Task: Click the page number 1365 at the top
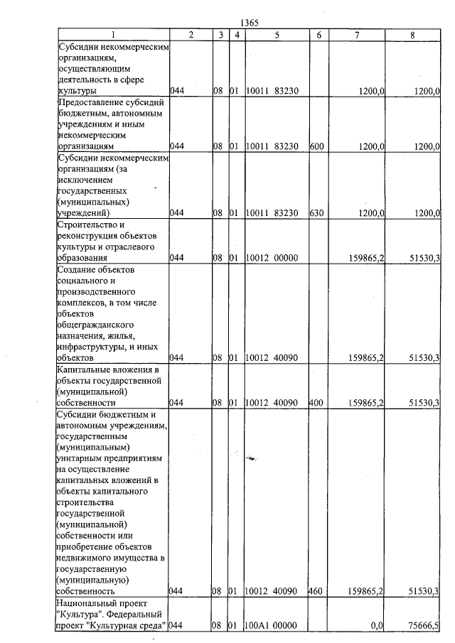(249, 23)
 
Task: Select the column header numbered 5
(277, 34)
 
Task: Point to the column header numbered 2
(190, 34)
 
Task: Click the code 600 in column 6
(317, 146)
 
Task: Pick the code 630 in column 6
(317, 212)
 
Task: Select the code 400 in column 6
(317, 403)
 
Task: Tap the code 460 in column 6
(317, 590)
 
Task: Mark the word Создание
(75, 269)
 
